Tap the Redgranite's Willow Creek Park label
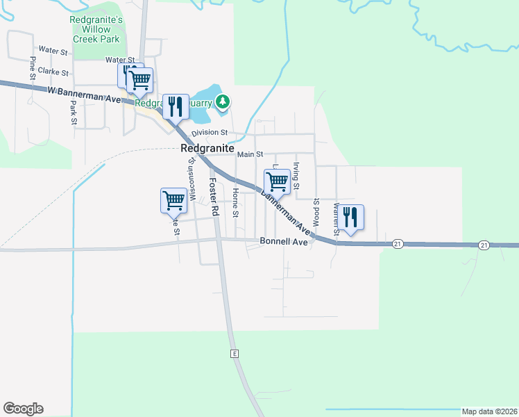click(x=96, y=30)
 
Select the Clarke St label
click(x=53, y=72)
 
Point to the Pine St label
click(x=33, y=67)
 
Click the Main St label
click(x=250, y=154)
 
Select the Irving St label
click(x=296, y=176)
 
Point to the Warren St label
click(x=336, y=217)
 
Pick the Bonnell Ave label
click(x=283, y=242)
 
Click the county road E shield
click(x=235, y=354)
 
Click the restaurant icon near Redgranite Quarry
click(x=175, y=106)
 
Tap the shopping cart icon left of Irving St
click(x=276, y=181)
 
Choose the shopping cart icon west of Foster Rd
click(x=173, y=200)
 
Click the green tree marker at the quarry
click(x=222, y=103)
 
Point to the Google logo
click(x=23, y=409)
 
